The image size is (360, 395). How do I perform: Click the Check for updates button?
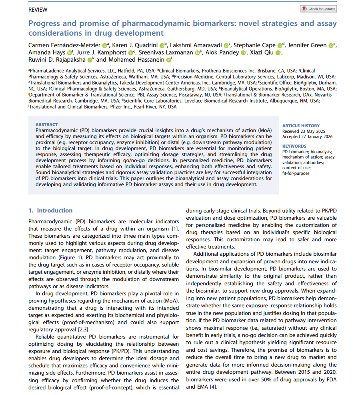coord(318,9)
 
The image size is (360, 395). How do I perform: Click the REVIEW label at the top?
coord(38,10)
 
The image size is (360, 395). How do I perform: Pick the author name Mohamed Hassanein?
coord(136,60)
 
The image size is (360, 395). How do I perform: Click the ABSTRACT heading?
coord(46,124)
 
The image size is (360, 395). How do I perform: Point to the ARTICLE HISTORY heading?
coord(301,126)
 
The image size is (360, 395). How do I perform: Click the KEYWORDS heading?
coord(294,146)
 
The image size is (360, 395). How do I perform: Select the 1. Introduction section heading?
coord(50,211)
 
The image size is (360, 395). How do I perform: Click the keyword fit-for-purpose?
coord(296,174)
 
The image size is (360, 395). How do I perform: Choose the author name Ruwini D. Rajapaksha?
coord(56,60)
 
